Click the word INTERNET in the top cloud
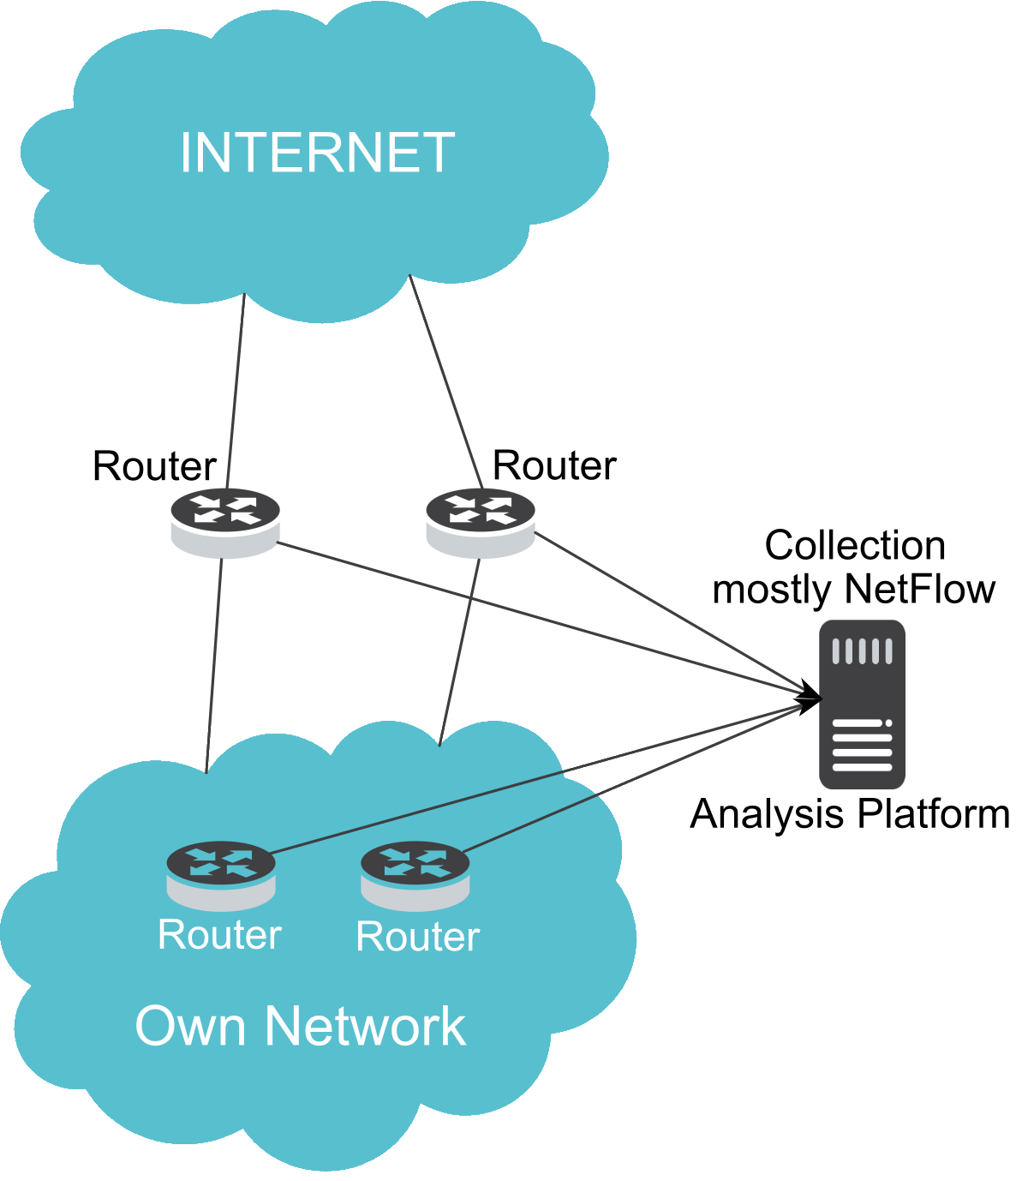pyautogui.click(x=317, y=153)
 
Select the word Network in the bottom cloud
pyautogui.click(x=366, y=1026)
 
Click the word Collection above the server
pyautogui.click(x=855, y=546)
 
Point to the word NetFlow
pyautogui.click(x=920, y=589)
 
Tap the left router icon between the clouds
pyautogui.click(x=224, y=523)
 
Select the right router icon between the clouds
pyautogui.click(x=481, y=523)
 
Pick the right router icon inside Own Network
pyautogui.click(x=415, y=874)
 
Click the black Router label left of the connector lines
pyautogui.click(x=154, y=466)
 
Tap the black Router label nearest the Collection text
pyautogui.click(x=554, y=465)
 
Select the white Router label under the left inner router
pyautogui.click(x=220, y=934)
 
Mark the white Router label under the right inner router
pyautogui.click(x=418, y=937)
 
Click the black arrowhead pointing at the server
pyautogui.click(x=808, y=698)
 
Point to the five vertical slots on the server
pyautogui.click(x=862, y=651)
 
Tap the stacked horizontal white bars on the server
pyautogui.click(x=862, y=746)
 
